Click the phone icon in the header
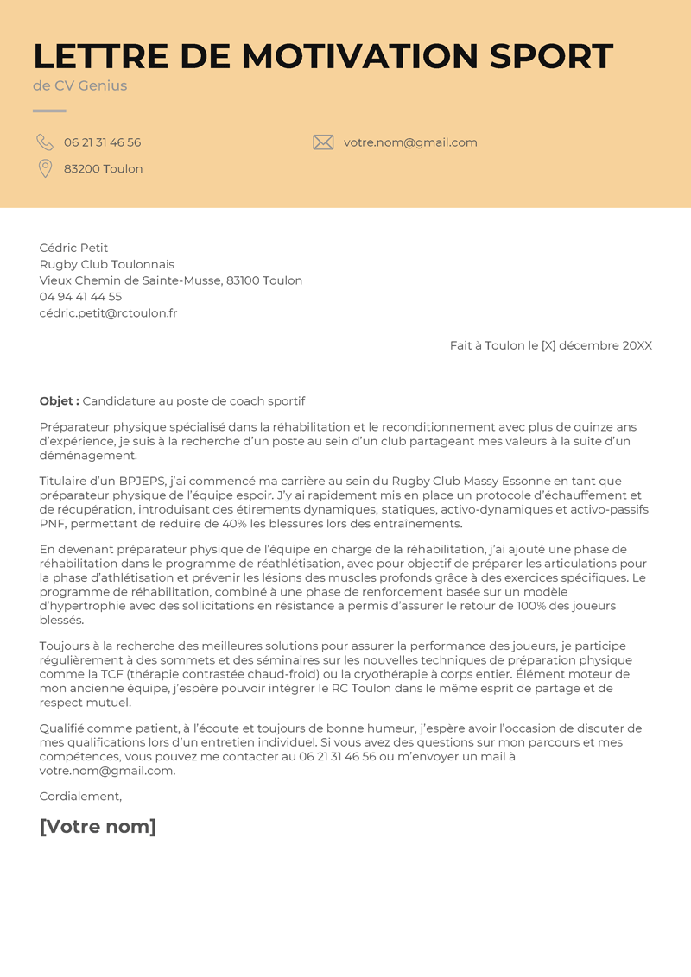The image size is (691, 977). (45, 142)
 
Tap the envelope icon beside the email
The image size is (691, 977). (323, 142)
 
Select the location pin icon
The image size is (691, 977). (45, 168)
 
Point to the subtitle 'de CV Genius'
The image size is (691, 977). (79, 85)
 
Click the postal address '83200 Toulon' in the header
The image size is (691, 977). (103, 169)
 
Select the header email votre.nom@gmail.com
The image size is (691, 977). (410, 142)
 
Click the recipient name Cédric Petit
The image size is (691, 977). (73, 248)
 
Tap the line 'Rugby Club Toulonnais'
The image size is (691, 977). (107, 264)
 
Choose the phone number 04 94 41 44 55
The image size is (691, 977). (80, 297)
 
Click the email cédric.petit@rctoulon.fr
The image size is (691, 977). (108, 313)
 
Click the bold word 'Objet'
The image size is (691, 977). (59, 401)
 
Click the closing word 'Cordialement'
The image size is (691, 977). (80, 797)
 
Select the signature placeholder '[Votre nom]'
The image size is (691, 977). (98, 827)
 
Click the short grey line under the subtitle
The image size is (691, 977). (49, 110)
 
